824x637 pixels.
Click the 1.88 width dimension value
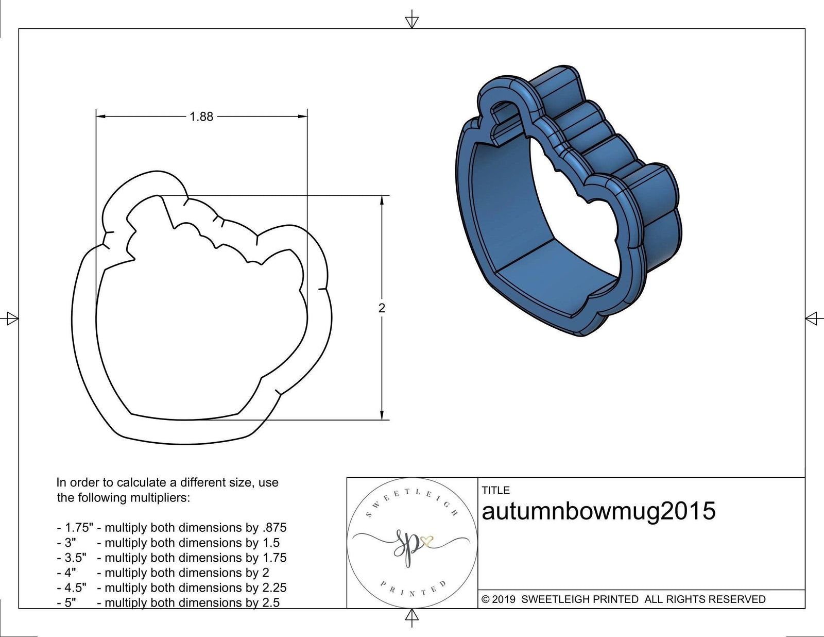(x=201, y=117)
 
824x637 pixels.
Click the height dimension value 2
(x=382, y=308)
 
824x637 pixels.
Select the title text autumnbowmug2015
(x=598, y=511)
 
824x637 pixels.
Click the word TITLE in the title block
(x=495, y=490)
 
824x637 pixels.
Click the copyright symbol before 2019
(x=485, y=599)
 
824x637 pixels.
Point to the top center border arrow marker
(x=411, y=21)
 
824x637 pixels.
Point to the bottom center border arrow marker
(x=411, y=616)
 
